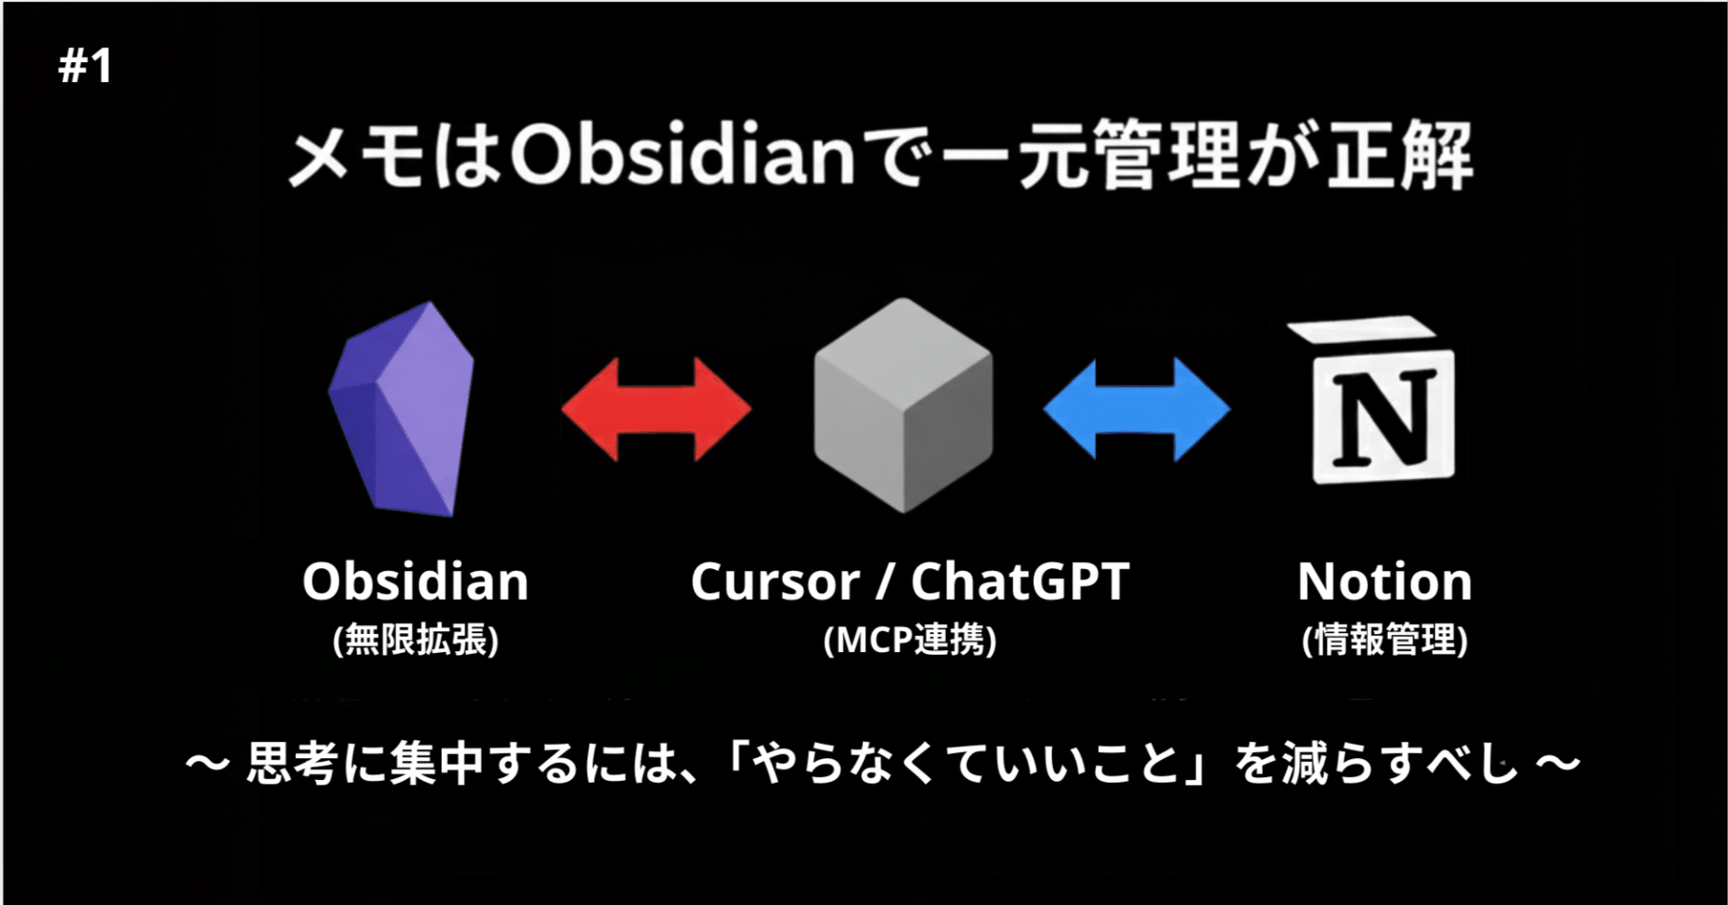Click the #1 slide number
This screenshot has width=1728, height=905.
click(x=85, y=67)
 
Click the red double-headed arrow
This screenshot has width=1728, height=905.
click(x=656, y=409)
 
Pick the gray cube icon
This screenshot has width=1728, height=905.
click(x=903, y=405)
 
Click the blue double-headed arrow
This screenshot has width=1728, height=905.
click(x=1137, y=409)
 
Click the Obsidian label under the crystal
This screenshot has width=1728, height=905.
click(x=415, y=582)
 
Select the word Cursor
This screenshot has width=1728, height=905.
click(x=774, y=582)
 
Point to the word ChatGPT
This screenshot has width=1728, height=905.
click(x=1020, y=582)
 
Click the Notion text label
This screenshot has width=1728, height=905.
click(x=1384, y=582)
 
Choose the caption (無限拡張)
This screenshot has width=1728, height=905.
click(x=415, y=640)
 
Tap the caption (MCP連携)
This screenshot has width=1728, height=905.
click(x=910, y=640)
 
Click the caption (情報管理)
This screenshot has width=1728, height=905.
click(x=1384, y=640)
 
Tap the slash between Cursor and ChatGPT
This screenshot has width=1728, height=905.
click(x=886, y=582)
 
